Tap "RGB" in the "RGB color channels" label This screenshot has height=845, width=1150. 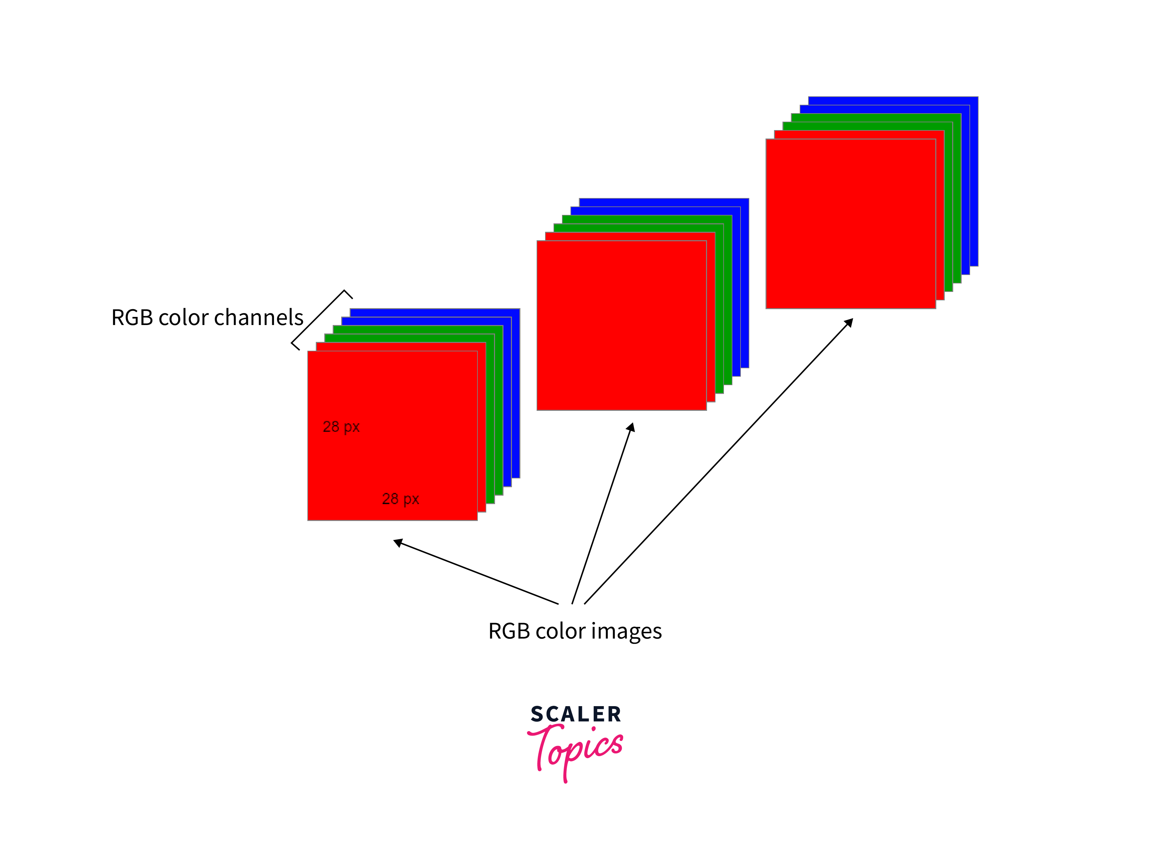coord(133,318)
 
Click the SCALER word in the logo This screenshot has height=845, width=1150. coord(576,714)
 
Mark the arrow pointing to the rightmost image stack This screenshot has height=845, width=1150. coord(717,463)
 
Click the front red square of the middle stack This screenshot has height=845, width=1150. coord(621,325)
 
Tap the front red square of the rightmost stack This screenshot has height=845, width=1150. coord(850,224)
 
